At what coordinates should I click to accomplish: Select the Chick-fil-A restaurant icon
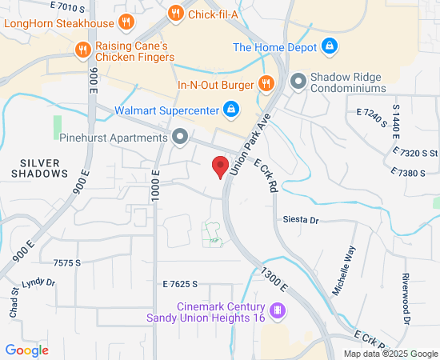(175, 13)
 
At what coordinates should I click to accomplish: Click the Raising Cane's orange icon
(82, 51)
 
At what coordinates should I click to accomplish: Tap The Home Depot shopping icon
(328, 47)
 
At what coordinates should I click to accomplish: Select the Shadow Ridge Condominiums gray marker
(298, 82)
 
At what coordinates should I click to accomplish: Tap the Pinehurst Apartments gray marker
(180, 137)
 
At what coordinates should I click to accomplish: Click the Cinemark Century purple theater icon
(278, 310)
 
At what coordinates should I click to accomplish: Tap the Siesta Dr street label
(300, 220)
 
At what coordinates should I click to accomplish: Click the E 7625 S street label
(179, 284)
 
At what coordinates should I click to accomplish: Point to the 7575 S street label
(67, 262)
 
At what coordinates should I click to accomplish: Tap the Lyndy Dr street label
(38, 282)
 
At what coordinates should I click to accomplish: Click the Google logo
(26, 350)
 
